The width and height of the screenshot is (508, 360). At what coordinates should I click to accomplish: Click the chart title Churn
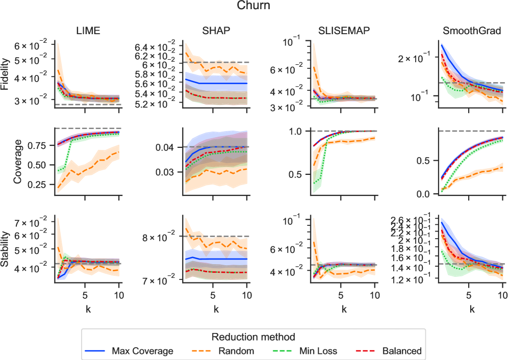253,6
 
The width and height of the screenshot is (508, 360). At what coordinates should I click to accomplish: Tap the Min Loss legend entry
319,351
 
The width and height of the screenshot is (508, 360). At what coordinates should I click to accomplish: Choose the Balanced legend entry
402,351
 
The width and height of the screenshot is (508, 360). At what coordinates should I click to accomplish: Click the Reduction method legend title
254,337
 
